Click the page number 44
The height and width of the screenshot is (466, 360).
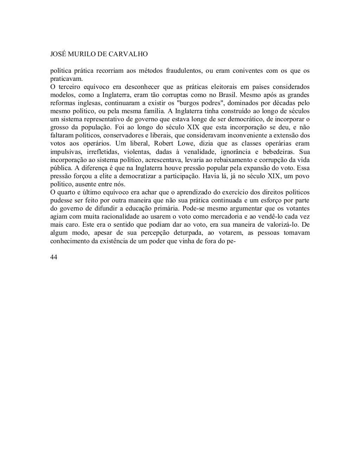pos(54,257)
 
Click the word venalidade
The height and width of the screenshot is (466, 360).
pos(197,152)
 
